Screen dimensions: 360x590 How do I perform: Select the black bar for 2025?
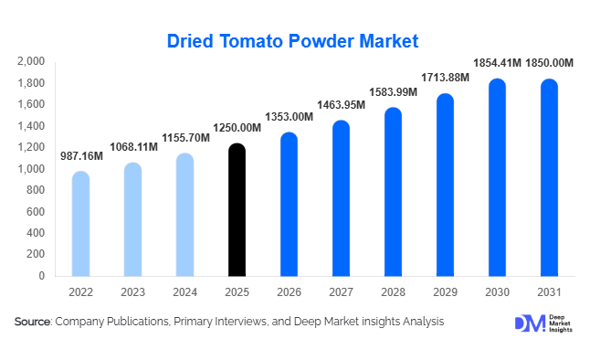[x=237, y=210]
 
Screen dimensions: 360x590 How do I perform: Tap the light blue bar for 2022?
[x=80, y=224]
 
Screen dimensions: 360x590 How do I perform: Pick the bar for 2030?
[x=497, y=178]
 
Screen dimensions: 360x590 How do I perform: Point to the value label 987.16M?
[x=81, y=157]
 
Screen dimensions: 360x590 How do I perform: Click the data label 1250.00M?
[x=237, y=130]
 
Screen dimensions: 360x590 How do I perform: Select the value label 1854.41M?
[x=497, y=63]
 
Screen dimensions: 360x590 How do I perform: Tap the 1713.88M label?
[x=445, y=78]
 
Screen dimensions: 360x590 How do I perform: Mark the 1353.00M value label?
[x=289, y=117]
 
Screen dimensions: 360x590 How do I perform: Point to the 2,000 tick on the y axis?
[x=31, y=61]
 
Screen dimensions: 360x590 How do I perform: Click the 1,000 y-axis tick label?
[x=31, y=169]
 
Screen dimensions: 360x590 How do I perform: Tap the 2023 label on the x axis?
[x=132, y=293]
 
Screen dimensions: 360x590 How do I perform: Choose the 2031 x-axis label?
[x=549, y=293]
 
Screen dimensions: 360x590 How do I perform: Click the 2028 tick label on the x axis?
[x=393, y=293]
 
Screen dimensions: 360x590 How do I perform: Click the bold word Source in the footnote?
[x=32, y=322]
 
